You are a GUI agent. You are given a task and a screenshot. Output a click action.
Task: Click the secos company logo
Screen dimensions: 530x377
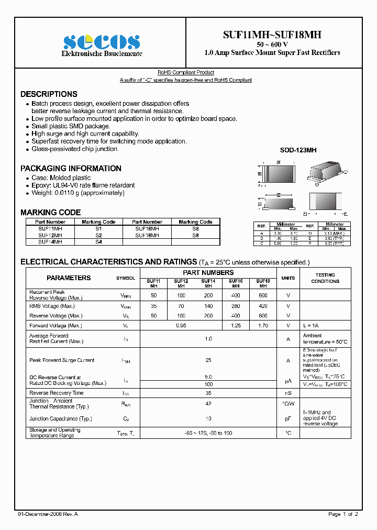tap(102, 42)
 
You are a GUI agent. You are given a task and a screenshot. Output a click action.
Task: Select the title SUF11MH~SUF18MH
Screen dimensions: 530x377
tap(272, 35)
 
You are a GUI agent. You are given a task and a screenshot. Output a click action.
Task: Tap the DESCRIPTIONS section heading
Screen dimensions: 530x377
tap(49, 94)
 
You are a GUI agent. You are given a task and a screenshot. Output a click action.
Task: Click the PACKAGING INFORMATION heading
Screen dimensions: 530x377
tap(71, 169)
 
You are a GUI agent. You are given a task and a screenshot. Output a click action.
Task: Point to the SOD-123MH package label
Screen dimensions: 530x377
tap(298, 150)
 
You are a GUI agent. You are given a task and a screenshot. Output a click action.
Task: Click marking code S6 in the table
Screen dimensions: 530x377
tap(195, 229)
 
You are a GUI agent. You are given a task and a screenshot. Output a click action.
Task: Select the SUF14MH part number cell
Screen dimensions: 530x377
tap(50, 241)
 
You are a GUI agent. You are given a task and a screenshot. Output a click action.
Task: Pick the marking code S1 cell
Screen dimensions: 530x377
tap(98, 229)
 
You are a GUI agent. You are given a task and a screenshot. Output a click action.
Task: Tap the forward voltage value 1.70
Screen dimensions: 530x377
tap(263, 326)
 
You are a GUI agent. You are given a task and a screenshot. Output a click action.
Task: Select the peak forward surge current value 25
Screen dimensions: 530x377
tap(208, 360)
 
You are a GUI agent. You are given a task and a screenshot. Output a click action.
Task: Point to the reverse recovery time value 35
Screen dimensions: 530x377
tap(208, 393)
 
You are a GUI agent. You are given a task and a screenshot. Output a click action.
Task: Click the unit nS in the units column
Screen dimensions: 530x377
tap(288, 393)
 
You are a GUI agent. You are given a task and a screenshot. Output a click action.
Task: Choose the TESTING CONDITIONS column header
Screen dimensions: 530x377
tap(325, 278)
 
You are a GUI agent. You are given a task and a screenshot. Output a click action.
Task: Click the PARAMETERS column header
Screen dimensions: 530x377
tap(69, 278)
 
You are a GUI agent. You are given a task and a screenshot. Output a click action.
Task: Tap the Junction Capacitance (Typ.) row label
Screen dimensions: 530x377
tap(61, 418)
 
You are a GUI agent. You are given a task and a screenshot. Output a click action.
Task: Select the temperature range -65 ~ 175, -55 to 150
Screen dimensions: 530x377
tap(208, 433)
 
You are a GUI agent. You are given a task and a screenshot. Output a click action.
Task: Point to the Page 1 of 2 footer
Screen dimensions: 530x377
tap(343, 514)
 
